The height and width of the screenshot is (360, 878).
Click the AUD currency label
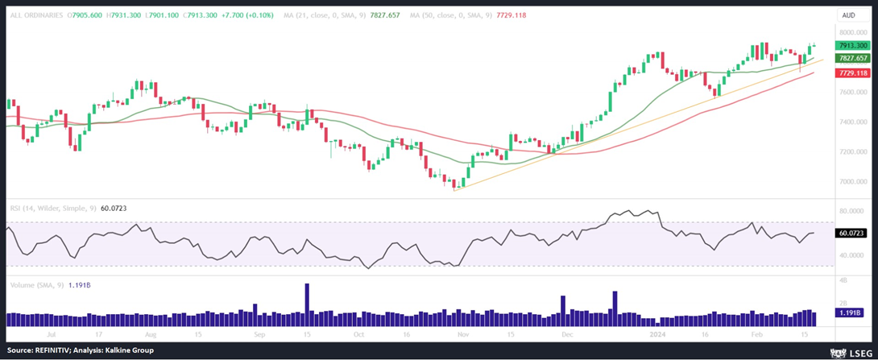847,14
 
